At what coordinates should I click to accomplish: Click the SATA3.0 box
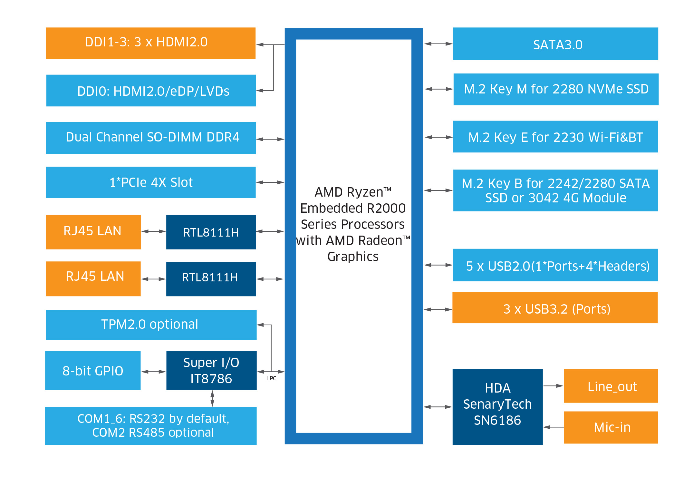pos(555,44)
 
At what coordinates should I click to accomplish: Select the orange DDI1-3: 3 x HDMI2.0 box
pos(150,43)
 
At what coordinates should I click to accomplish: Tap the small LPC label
pos(271,378)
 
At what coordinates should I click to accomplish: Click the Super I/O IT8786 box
pos(211,370)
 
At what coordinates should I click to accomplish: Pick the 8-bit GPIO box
pos(93,370)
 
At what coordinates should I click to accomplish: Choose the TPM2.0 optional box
pos(151,325)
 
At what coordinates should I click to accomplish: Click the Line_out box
pos(611,386)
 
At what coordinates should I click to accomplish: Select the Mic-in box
pos(611,427)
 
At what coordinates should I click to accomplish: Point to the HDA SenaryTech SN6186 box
pos(497,407)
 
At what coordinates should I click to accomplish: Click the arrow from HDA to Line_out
pos(553,386)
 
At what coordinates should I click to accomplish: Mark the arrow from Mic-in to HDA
pos(553,427)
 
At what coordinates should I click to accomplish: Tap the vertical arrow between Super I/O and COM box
pos(212,398)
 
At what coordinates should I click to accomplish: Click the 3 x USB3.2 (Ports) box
pos(555,308)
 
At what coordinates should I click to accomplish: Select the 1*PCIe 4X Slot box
pos(151,182)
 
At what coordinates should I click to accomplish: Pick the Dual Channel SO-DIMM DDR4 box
pos(151,138)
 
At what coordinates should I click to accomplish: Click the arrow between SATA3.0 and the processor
pos(438,44)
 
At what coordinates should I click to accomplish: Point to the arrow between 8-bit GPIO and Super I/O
pos(153,372)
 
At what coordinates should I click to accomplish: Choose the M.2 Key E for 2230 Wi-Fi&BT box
pos(555,137)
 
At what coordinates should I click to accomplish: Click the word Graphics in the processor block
pos(353,257)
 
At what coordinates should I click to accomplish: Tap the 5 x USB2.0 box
pos(555,265)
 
